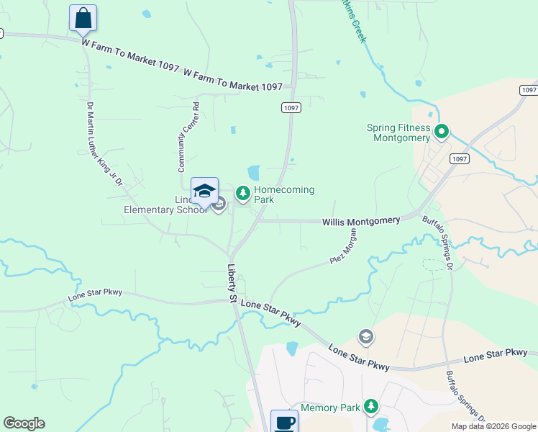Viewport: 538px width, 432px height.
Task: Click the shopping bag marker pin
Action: pos(83,18)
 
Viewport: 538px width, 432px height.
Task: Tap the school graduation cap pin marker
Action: pos(204,192)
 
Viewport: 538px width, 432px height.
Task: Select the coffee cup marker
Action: pos(284,421)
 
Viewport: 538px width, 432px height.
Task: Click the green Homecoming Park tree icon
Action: pos(243,192)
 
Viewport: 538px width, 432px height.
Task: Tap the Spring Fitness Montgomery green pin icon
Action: pos(442,132)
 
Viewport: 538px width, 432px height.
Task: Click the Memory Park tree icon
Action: pos(371,407)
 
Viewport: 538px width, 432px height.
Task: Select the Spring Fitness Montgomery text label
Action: pos(398,132)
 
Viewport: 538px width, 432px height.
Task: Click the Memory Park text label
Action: pos(330,408)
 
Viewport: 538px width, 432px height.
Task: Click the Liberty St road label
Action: pos(233,282)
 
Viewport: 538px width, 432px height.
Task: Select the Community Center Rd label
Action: pos(188,137)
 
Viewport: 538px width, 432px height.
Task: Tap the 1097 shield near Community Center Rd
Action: pos(290,107)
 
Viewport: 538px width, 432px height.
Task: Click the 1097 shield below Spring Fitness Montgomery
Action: pos(458,158)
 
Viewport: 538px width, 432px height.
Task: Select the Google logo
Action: pos(24,423)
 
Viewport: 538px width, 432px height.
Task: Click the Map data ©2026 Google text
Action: pos(493,426)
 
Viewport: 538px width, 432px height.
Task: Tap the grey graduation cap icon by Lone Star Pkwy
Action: pos(365,336)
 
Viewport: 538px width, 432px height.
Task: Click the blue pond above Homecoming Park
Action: pos(253,173)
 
